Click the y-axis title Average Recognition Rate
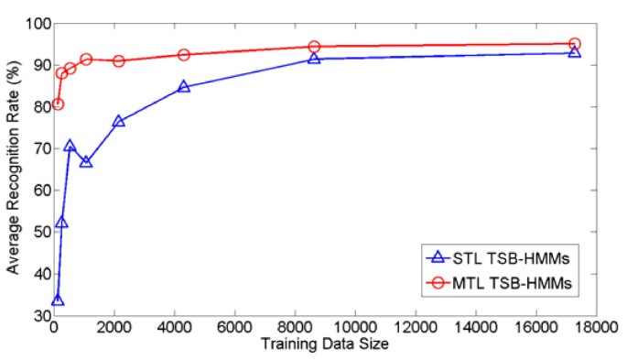(16, 164)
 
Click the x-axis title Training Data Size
(324, 344)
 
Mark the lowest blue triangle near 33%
(58, 300)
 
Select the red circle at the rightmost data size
(574, 43)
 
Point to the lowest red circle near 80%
(58, 104)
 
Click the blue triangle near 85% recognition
(184, 87)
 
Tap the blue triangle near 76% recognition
(118, 121)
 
